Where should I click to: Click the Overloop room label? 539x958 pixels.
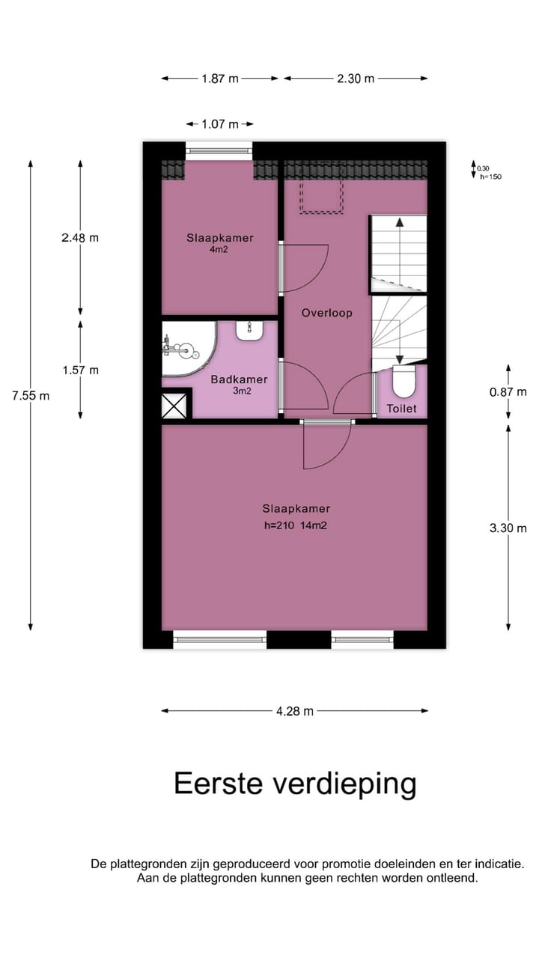click(326, 313)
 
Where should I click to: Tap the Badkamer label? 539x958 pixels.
click(239, 379)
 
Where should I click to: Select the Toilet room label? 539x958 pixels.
click(401, 409)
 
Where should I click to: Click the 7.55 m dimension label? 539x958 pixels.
click(31, 395)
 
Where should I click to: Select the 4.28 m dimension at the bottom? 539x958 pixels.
click(295, 711)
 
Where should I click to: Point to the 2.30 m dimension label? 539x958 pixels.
click(356, 79)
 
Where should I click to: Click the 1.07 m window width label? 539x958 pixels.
click(219, 124)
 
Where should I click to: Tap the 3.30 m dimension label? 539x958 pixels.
click(508, 528)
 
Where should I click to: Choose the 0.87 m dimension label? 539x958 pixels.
click(508, 391)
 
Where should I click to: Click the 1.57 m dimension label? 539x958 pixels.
click(80, 370)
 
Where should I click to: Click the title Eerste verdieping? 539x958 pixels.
click(295, 784)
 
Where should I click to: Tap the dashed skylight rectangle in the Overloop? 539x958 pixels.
click(322, 187)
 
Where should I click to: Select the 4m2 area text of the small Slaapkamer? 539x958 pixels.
click(219, 250)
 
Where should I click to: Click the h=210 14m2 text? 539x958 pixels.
click(296, 525)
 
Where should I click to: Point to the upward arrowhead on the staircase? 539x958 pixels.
click(400, 222)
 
